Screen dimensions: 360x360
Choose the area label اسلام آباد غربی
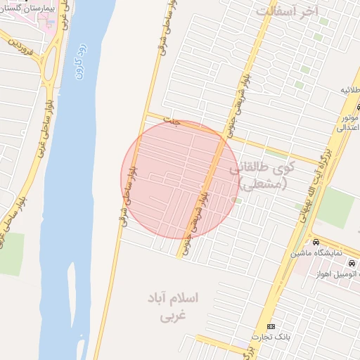click(x=173, y=307)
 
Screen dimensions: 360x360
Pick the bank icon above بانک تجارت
click(x=271, y=327)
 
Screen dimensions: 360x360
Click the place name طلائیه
click(x=349, y=90)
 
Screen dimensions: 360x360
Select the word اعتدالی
click(x=349, y=128)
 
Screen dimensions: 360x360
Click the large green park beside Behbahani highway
click(x=336, y=208)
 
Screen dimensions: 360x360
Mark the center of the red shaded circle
click(x=180, y=179)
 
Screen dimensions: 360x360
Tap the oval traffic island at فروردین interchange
click(x=50, y=69)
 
